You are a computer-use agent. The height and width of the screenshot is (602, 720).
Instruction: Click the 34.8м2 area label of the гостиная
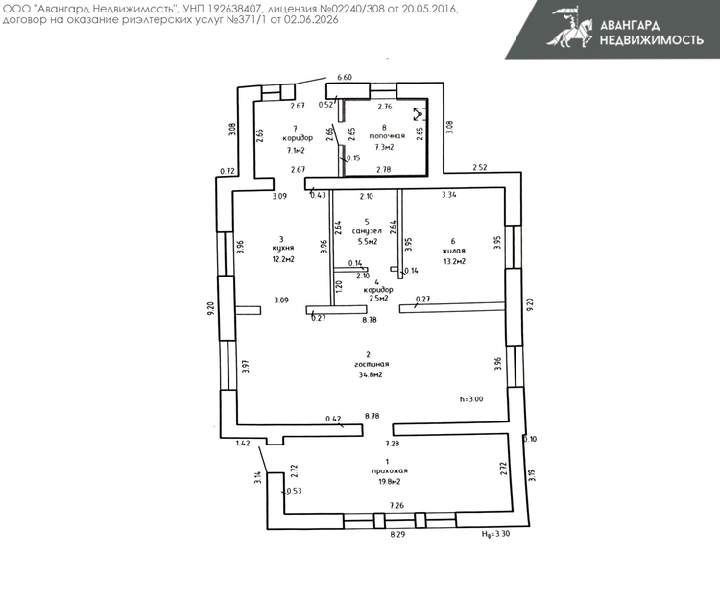(x=371, y=374)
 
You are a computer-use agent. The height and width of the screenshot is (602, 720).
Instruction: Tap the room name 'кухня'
(x=283, y=249)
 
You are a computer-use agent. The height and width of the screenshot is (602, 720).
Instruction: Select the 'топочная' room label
(x=387, y=136)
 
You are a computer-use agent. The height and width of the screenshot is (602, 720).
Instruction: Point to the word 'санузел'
(x=367, y=231)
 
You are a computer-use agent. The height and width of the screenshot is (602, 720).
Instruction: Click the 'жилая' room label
(x=454, y=251)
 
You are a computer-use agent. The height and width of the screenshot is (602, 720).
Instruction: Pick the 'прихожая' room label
(x=390, y=470)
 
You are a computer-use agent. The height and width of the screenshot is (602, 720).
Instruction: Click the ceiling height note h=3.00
(x=471, y=399)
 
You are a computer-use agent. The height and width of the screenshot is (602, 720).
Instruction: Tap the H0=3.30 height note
(x=495, y=534)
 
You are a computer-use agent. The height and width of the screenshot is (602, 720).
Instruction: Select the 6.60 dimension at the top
(x=345, y=77)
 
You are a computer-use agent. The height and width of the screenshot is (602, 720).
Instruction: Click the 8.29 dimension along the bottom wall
(x=397, y=535)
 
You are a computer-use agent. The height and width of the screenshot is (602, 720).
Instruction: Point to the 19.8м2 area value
(x=389, y=482)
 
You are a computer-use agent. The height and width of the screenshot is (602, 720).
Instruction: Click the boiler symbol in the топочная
(x=420, y=114)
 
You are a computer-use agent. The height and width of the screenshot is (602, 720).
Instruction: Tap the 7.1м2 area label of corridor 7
(x=296, y=150)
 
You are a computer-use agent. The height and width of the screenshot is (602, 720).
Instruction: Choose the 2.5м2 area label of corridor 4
(x=379, y=298)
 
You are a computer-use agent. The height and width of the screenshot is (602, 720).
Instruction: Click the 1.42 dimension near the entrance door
(x=243, y=444)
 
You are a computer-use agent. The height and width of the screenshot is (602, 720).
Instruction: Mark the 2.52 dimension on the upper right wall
(x=479, y=168)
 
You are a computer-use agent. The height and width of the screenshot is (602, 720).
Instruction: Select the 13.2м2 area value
(x=454, y=262)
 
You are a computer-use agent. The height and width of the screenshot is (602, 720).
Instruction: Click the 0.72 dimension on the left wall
(x=228, y=171)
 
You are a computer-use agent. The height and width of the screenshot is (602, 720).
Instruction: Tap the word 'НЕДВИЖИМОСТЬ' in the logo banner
(x=652, y=40)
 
